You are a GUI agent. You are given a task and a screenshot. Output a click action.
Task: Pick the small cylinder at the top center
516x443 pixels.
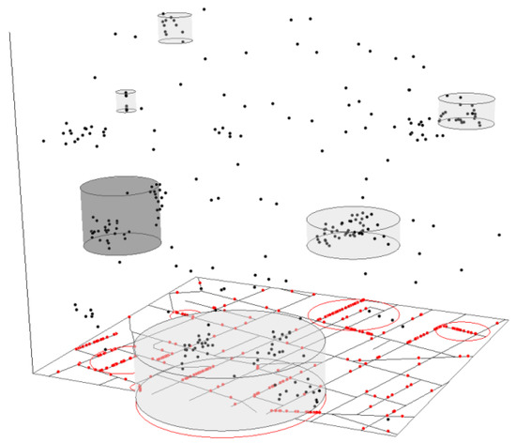click(x=175, y=27)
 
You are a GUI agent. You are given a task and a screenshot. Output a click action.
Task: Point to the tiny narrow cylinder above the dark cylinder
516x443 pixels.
click(x=127, y=101)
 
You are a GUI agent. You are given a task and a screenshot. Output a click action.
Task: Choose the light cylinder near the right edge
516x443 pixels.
click(x=465, y=111)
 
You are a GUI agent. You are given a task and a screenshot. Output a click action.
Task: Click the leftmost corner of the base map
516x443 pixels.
click(x=32, y=371)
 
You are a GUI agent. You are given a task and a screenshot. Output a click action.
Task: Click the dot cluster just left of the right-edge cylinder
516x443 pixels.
click(x=418, y=128)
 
